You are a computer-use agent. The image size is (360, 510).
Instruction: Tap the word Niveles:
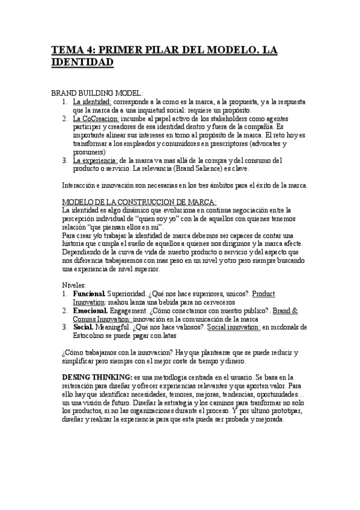[75, 284]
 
